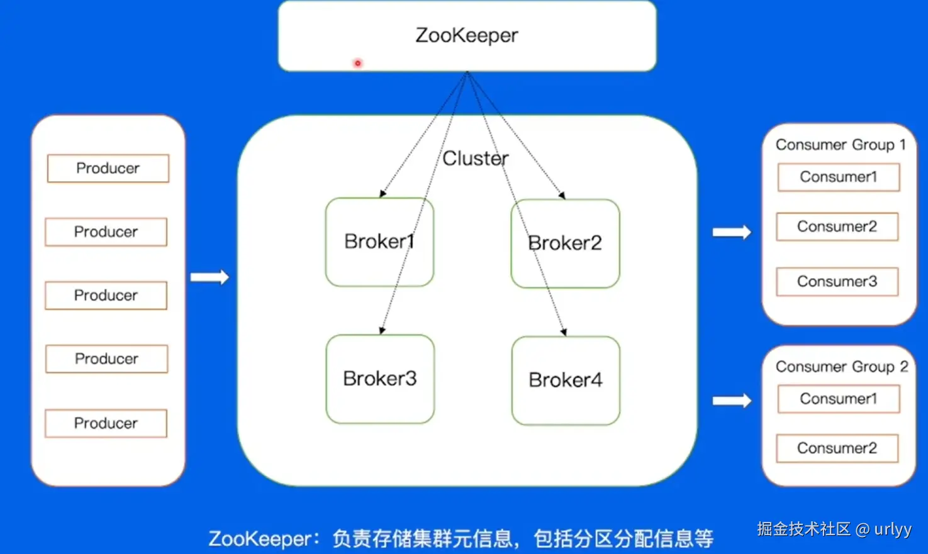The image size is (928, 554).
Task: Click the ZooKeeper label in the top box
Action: tap(467, 35)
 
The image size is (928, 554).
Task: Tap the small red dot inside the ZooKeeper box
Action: tap(357, 63)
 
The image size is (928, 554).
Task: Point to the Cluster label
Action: tap(475, 158)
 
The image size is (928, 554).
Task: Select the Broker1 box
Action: tap(379, 242)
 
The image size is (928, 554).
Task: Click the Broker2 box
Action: tap(565, 243)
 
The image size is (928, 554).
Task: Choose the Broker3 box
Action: tap(380, 379)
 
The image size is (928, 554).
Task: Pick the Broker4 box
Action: tap(566, 380)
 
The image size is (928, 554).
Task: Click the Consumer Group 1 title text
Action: tap(840, 145)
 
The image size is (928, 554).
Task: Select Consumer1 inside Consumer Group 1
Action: tap(838, 177)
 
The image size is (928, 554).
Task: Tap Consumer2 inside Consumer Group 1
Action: tap(837, 227)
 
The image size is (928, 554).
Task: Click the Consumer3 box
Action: tap(837, 282)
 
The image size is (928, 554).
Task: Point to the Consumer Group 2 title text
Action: tap(841, 367)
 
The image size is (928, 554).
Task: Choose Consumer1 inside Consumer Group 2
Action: tap(838, 399)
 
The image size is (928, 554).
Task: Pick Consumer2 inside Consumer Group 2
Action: tap(837, 448)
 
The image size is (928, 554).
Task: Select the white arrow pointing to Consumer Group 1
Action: tap(732, 232)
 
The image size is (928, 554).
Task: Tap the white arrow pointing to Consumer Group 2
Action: tap(732, 401)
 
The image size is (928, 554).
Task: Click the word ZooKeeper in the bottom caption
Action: tap(260, 539)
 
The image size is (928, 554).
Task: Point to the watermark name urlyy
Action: tap(892, 529)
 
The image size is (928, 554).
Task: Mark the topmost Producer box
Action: tap(108, 169)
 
